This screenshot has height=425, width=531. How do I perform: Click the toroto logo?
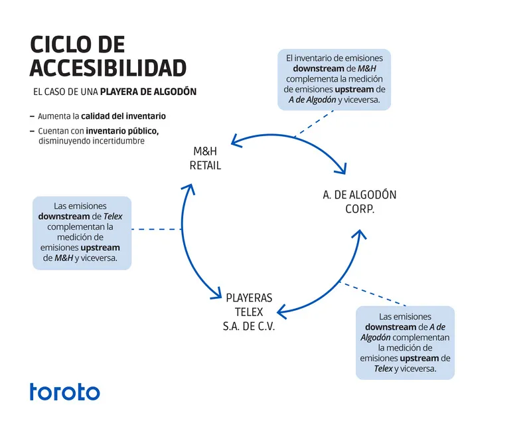click(64, 392)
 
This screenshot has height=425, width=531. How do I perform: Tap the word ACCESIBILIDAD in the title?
click(108, 67)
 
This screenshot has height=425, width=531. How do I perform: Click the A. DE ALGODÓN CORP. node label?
click(359, 201)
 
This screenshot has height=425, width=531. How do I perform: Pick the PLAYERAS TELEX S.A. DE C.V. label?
click(249, 312)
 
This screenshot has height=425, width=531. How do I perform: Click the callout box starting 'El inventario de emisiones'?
click(334, 79)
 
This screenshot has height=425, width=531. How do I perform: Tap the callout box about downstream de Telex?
click(82, 232)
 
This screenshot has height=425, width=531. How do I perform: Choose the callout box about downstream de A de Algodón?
click(405, 342)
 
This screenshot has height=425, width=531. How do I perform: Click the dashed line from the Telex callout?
click(157, 229)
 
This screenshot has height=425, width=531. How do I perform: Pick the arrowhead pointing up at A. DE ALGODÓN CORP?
click(359, 234)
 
